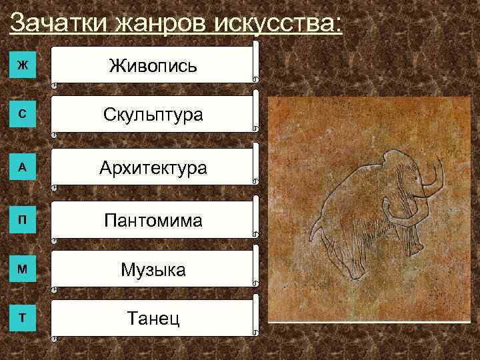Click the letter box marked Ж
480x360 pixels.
[x=23, y=65]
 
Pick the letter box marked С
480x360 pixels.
[x=23, y=115]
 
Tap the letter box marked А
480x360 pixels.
[x=23, y=167]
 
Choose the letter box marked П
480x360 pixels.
[x=23, y=220]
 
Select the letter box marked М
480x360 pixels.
[x=23, y=269]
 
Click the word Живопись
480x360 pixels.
[x=153, y=65]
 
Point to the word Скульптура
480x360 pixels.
[x=153, y=115]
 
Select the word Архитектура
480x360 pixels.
[x=153, y=167]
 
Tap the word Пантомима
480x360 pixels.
[x=153, y=219]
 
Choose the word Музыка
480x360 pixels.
[x=153, y=269]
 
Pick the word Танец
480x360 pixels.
[x=153, y=319]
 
